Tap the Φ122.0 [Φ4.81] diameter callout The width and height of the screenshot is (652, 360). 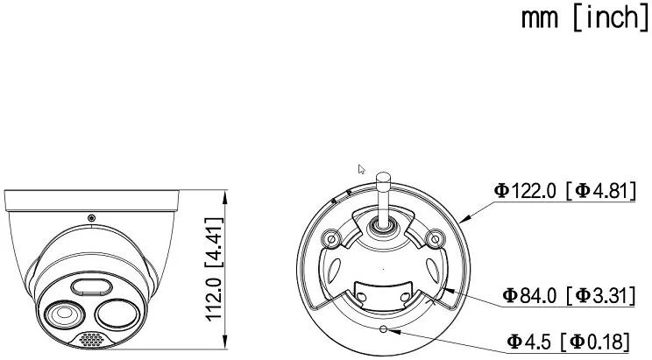pyautogui.click(x=563, y=189)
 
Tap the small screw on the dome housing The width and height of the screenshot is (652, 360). pyautogui.click(x=91, y=217)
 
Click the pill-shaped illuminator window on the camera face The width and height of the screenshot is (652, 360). pyautogui.click(x=90, y=286)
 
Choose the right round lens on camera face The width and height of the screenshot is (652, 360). pyautogui.click(x=117, y=313)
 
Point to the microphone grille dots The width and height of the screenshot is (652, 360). pyautogui.click(x=91, y=339)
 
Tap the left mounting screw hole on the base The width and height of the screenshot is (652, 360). pyautogui.click(x=331, y=237)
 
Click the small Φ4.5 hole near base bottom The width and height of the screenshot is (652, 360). pyautogui.click(x=384, y=329)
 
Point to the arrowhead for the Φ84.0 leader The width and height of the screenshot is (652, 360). pyautogui.click(x=444, y=286)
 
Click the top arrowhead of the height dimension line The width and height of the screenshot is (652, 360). pyautogui.click(x=228, y=192)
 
